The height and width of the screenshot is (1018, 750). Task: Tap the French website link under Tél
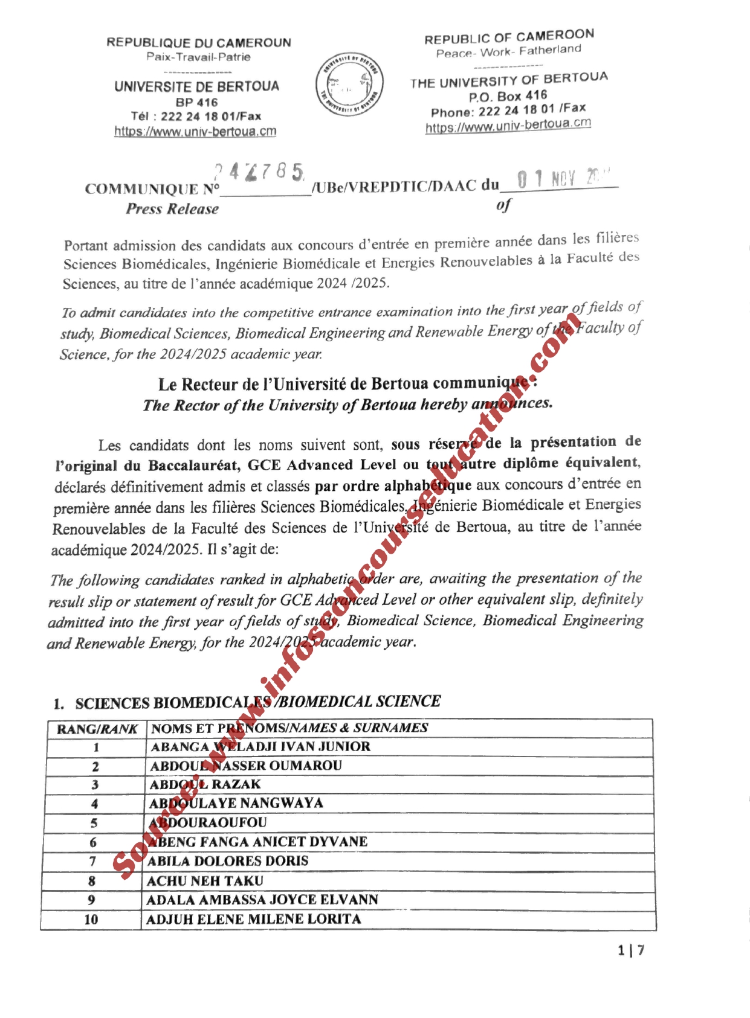(195, 131)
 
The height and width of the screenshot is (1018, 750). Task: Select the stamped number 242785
(259, 173)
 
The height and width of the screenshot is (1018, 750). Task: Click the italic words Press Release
(172, 209)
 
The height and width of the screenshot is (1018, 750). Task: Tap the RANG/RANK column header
(97, 729)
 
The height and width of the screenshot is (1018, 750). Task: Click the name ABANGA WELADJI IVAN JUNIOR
(260, 747)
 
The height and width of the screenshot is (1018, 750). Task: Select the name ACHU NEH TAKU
(205, 881)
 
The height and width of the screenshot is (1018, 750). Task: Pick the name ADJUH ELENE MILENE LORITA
(253, 920)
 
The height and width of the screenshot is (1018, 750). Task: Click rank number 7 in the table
(92, 862)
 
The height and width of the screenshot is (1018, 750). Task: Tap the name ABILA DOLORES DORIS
(228, 861)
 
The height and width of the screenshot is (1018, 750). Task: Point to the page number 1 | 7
(631, 950)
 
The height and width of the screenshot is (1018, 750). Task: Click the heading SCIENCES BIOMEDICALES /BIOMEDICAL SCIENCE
(257, 702)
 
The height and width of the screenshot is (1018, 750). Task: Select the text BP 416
(196, 102)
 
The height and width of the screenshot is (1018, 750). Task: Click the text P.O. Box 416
(508, 97)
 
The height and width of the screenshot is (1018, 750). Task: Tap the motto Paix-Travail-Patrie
(198, 57)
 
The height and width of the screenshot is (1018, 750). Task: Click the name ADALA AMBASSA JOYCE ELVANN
(262, 900)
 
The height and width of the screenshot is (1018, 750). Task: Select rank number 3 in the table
(95, 785)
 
